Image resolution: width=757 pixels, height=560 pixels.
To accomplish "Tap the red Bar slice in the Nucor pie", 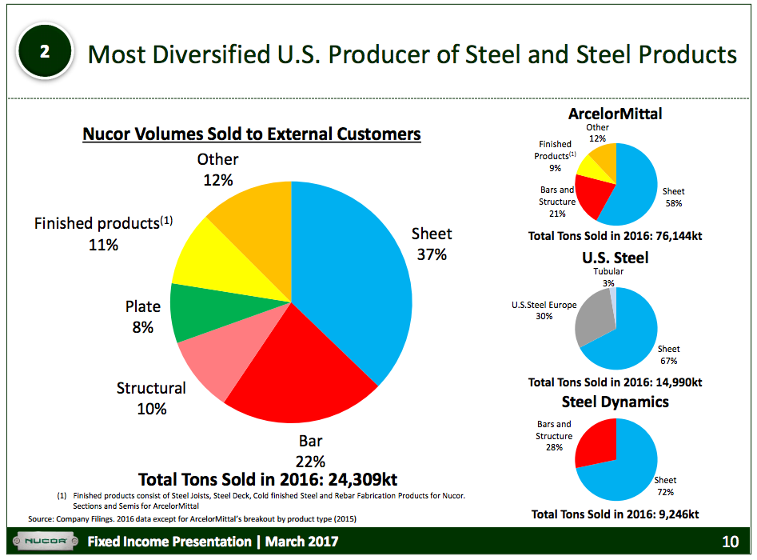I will pyautogui.click(x=296, y=376).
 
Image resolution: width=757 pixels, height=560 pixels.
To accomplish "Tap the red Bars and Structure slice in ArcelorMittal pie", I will pyautogui.click(x=592, y=196).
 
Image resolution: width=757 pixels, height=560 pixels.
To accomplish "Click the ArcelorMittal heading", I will pyautogui.click(x=615, y=114).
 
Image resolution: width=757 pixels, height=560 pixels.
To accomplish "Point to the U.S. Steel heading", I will pyautogui.click(x=615, y=258).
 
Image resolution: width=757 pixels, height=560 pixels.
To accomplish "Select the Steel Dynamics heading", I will pyautogui.click(x=615, y=402).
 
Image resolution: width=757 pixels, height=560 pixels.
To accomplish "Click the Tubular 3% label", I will pyautogui.click(x=608, y=277).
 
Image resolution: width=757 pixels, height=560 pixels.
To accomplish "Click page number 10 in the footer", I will pyautogui.click(x=730, y=542).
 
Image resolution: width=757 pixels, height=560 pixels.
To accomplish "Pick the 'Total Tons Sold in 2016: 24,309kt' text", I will pyautogui.click(x=268, y=480).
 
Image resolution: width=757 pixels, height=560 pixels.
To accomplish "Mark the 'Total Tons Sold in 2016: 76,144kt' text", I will pyautogui.click(x=615, y=237).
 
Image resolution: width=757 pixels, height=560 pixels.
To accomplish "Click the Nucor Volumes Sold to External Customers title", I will pyautogui.click(x=252, y=134).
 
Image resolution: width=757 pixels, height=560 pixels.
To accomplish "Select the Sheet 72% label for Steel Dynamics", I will pyautogui.click(x=665, y=486).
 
